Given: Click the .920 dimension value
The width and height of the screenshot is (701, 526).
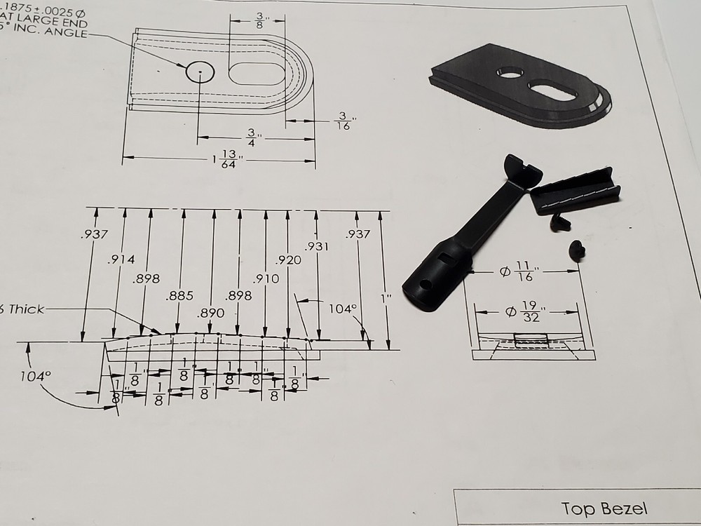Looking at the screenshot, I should [289, 260].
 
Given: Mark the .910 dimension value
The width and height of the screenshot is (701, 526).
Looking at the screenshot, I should [266, 278].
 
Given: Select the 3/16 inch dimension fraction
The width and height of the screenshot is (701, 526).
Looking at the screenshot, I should [343, 121].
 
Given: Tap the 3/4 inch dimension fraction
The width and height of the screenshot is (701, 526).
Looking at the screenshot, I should [251, 137].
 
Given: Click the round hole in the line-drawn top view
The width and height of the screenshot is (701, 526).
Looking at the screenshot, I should [198, 73].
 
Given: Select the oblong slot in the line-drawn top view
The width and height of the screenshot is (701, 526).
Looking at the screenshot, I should [258, 73].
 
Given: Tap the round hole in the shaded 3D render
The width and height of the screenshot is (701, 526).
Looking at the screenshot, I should [510, 72].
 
